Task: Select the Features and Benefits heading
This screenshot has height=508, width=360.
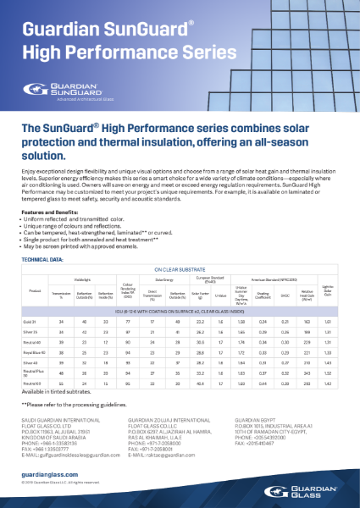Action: click(x=51, y=211)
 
